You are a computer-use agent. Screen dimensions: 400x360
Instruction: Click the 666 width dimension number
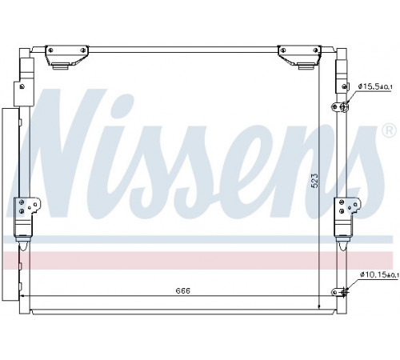pyautogui.click(x=183, y=290)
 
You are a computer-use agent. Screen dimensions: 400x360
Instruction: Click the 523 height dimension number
pyautogui.click(x=315, y=181)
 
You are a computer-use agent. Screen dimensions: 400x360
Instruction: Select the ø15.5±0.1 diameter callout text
pyautogui.click(x=375, y=86)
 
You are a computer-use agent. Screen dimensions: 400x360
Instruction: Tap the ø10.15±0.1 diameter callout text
pyautogui.click(x=379, y=274)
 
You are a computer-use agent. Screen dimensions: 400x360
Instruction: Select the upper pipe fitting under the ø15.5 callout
pyautogui.click(x=340, y=107)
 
